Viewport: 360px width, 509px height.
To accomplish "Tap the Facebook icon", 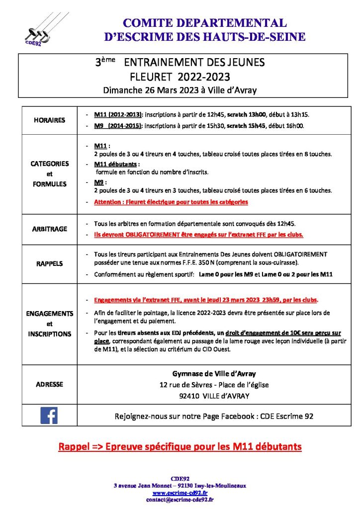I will pos(49,415).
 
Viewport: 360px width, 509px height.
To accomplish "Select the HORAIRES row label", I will pos(49,120).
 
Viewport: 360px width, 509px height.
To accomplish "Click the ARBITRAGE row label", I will pos(49,230).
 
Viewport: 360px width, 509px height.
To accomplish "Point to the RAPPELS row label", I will pos(49,264).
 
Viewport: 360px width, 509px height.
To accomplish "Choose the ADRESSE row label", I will pos(49,384).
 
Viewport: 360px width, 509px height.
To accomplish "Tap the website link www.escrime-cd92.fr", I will pos(180,493).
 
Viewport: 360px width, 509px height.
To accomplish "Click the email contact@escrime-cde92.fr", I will pos(180,500).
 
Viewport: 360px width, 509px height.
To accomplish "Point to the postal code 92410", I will pos(189,397).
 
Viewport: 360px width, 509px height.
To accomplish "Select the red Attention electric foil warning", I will pos(171,202).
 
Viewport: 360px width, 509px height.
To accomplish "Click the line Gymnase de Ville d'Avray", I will pos(213,373).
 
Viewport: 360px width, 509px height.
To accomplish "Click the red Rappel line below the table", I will pos(180,446).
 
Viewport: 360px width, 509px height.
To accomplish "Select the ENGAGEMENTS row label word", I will pos(49,314).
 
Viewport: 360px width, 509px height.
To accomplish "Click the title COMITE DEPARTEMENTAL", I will pos(204,23).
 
